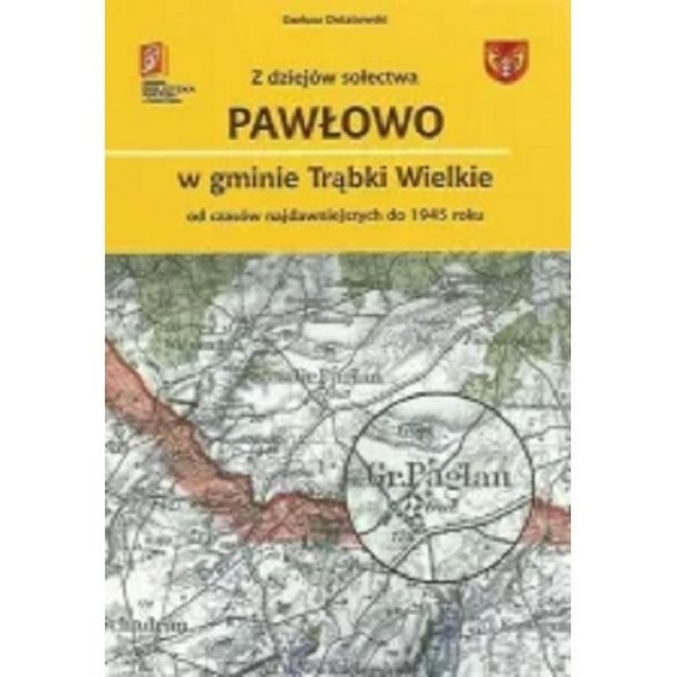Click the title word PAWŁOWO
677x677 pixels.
(x=333, y=124)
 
